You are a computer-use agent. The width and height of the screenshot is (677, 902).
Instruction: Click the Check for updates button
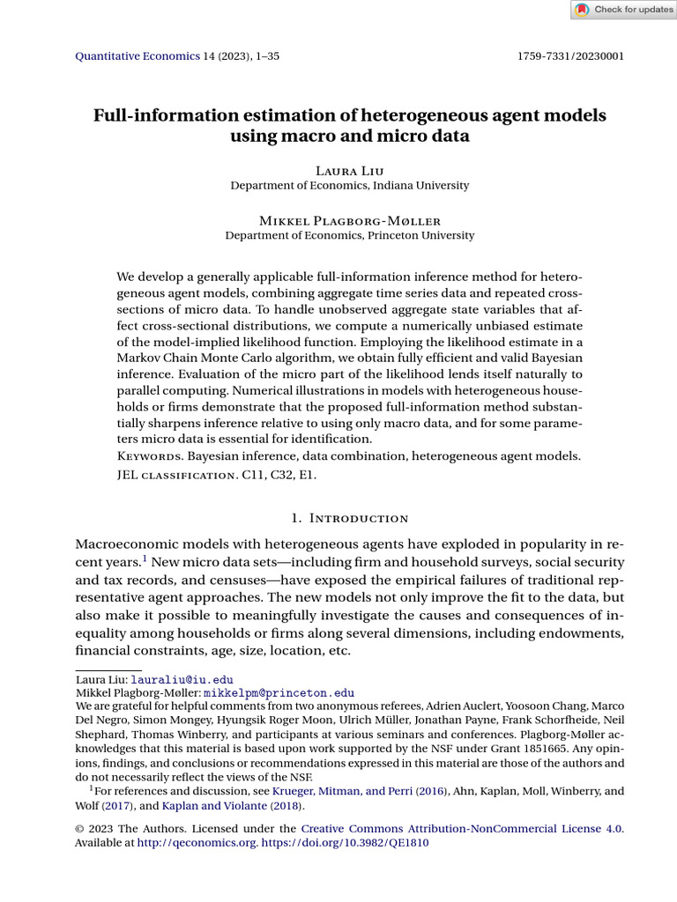(x=623, y=10)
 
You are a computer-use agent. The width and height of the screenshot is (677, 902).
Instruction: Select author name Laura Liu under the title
(x=349, y=169)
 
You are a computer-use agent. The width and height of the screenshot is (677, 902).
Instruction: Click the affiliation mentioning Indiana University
(x=349, y=186)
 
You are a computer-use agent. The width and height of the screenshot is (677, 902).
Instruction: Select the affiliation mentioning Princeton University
(x=349, y=236)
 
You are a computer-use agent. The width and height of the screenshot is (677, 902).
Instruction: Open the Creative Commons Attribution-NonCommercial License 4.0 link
(x=461, y=829)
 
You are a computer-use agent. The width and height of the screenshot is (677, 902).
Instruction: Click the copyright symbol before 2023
(x=80, y=829)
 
